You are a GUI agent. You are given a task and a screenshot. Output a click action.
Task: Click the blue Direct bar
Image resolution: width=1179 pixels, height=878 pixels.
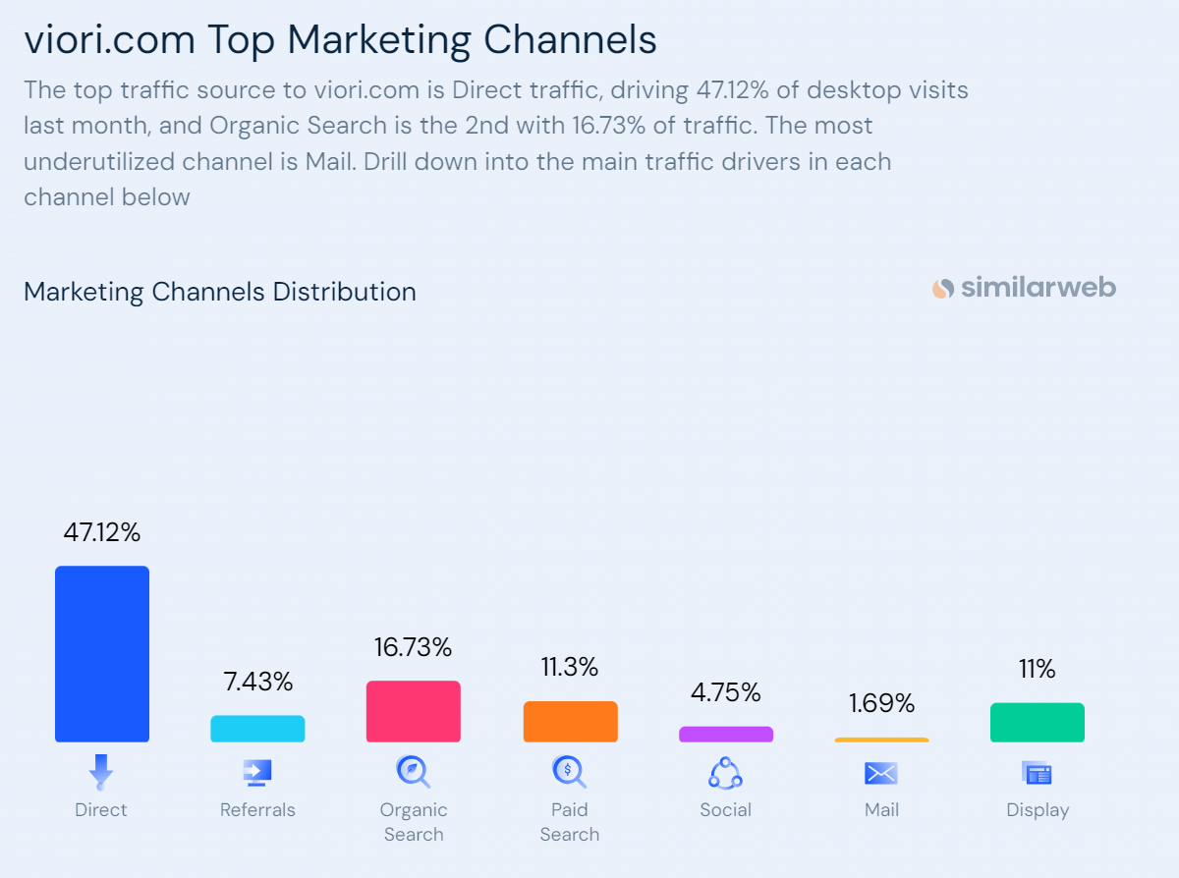pyautogui.click(x=102, y=653)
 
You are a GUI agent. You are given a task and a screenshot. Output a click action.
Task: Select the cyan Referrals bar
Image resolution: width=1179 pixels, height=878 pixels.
pyautogui.click(x=257, y=729)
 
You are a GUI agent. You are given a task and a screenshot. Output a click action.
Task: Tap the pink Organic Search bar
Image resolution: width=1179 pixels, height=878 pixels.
pyautogui.click(x=414, y=711)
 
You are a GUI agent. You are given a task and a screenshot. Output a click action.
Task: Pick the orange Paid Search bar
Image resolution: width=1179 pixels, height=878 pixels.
pyautogui.click(x=570, y=722)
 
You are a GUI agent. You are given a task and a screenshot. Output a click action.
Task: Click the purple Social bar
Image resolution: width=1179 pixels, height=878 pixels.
pyautogui.click(x=726, y=734)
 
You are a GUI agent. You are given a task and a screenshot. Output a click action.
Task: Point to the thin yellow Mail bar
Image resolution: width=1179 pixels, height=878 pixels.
pyautogui.click(x=881, y=740)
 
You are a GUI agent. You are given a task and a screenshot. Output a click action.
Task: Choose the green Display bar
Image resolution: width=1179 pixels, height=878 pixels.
pyautogui.click(x=1038, y=723)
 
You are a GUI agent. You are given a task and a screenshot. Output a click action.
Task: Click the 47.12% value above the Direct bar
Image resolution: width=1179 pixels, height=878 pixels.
pyautogui.click(x=102, y=533)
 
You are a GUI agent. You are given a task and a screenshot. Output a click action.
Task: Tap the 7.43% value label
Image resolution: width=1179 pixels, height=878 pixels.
pyautogui.click(x=257, y=682)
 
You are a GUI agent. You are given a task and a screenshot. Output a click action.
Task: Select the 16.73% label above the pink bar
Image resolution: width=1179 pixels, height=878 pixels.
pyautogui.click(x=413, y=648)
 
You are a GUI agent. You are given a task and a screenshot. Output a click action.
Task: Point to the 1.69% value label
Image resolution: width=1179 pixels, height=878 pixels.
pyautogui.click(x=881, y=704)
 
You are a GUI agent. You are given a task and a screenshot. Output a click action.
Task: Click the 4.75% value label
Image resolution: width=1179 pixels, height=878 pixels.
pyautogui.click(x=726, y=693)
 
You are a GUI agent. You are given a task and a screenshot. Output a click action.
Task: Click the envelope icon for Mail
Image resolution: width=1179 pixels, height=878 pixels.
pyautogui.click(x=881, y=774)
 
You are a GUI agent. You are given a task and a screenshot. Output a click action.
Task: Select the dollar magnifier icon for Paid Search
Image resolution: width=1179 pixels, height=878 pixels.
pyautogui.click(x=569, y=772)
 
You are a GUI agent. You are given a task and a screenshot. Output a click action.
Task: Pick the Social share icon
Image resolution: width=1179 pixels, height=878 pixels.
pyautogui.click(x=725, y=774)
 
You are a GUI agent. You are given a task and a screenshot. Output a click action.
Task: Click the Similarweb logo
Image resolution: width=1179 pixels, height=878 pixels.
pyautogui.click(x=1024, y=288)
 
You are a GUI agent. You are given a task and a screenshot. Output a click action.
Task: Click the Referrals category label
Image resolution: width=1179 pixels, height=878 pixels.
pyautogui.click(x=257, y=810)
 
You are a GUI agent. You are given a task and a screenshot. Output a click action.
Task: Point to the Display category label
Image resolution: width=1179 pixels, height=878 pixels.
pyautogui.click(x=1038, y=810)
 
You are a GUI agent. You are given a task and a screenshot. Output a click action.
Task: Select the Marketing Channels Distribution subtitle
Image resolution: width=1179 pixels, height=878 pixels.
pyautogui.click(x=220, y=292)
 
